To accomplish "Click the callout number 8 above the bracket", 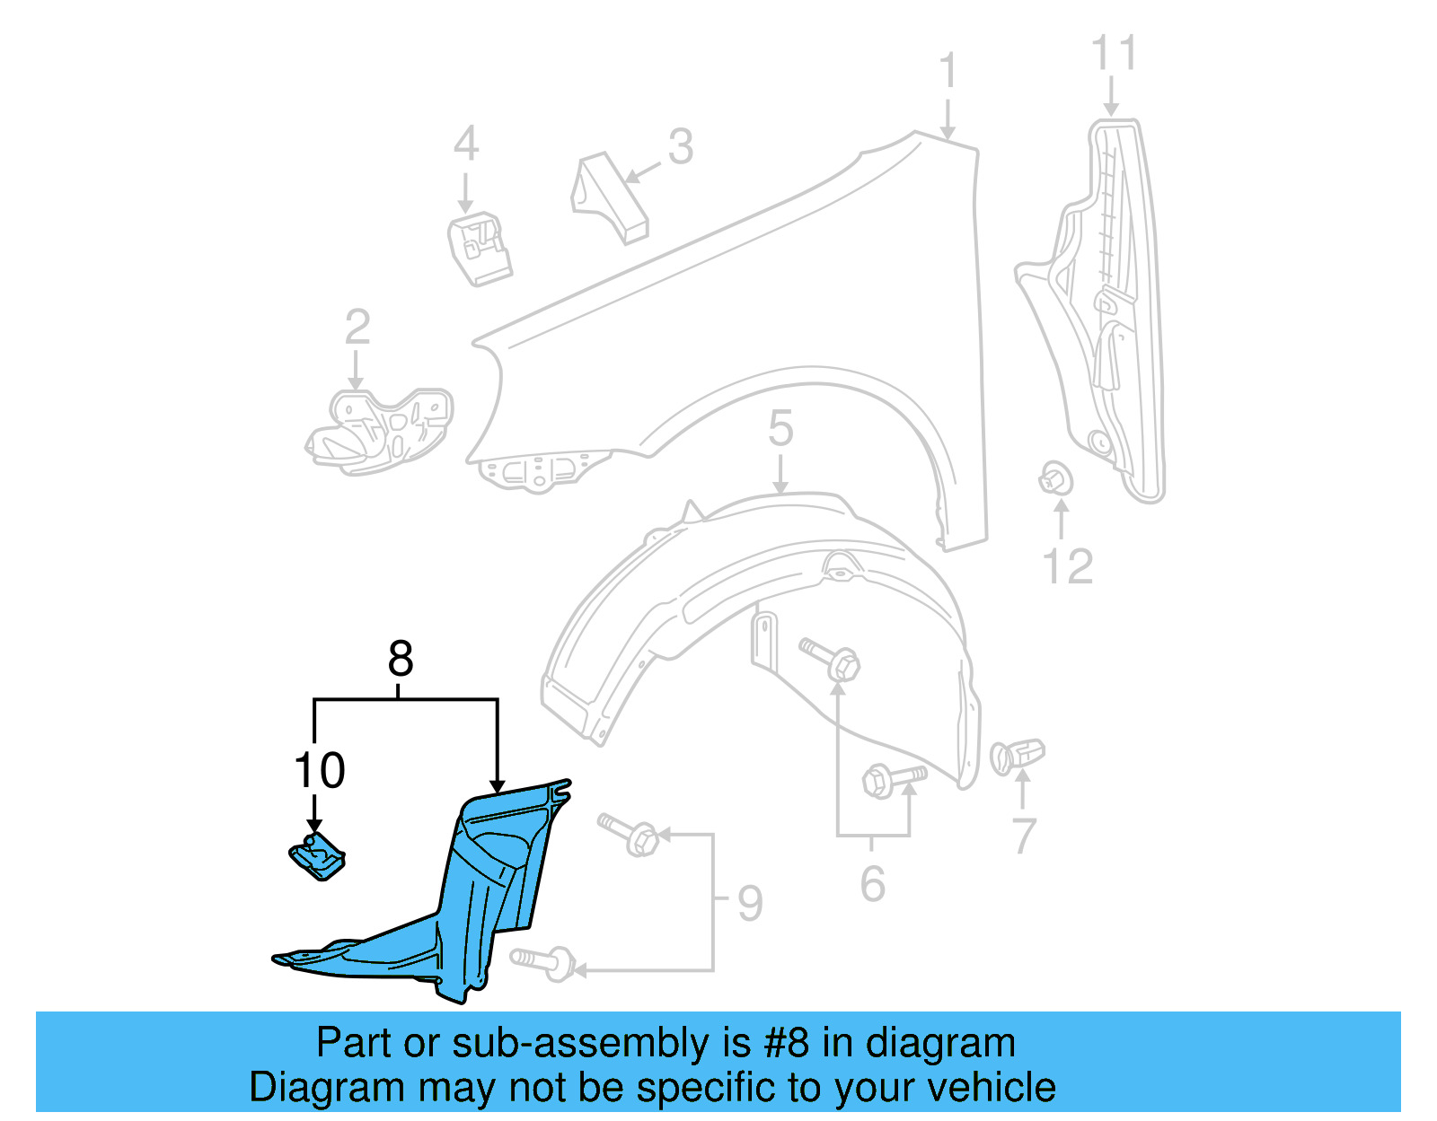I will tap(401, 660).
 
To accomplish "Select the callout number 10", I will tap(320, 771).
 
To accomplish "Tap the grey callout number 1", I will tap(948, 72).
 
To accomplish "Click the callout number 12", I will tap(1068, 567).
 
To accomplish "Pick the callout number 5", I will tap(780, 429).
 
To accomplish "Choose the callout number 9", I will tap(750, 903).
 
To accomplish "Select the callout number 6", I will tap(872, 884).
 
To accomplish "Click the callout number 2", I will tap(357, 328).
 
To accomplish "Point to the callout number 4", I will tap(465, 145).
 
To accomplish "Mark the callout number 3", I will tap(681, 147).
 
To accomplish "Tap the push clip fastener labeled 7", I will tap(1018, 756).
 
